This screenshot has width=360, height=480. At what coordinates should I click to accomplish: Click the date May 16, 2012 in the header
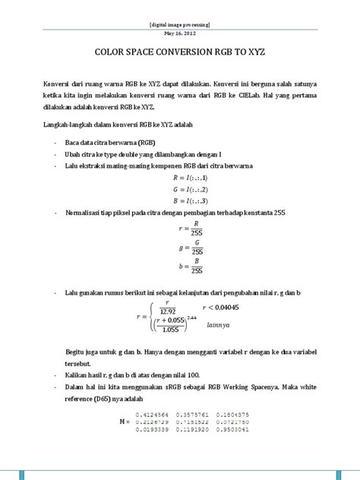[x=180, y=34]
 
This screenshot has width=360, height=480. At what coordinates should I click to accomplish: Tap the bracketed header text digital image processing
[x=180, y=24]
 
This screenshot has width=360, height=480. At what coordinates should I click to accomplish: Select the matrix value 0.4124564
[x=150, y=413]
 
